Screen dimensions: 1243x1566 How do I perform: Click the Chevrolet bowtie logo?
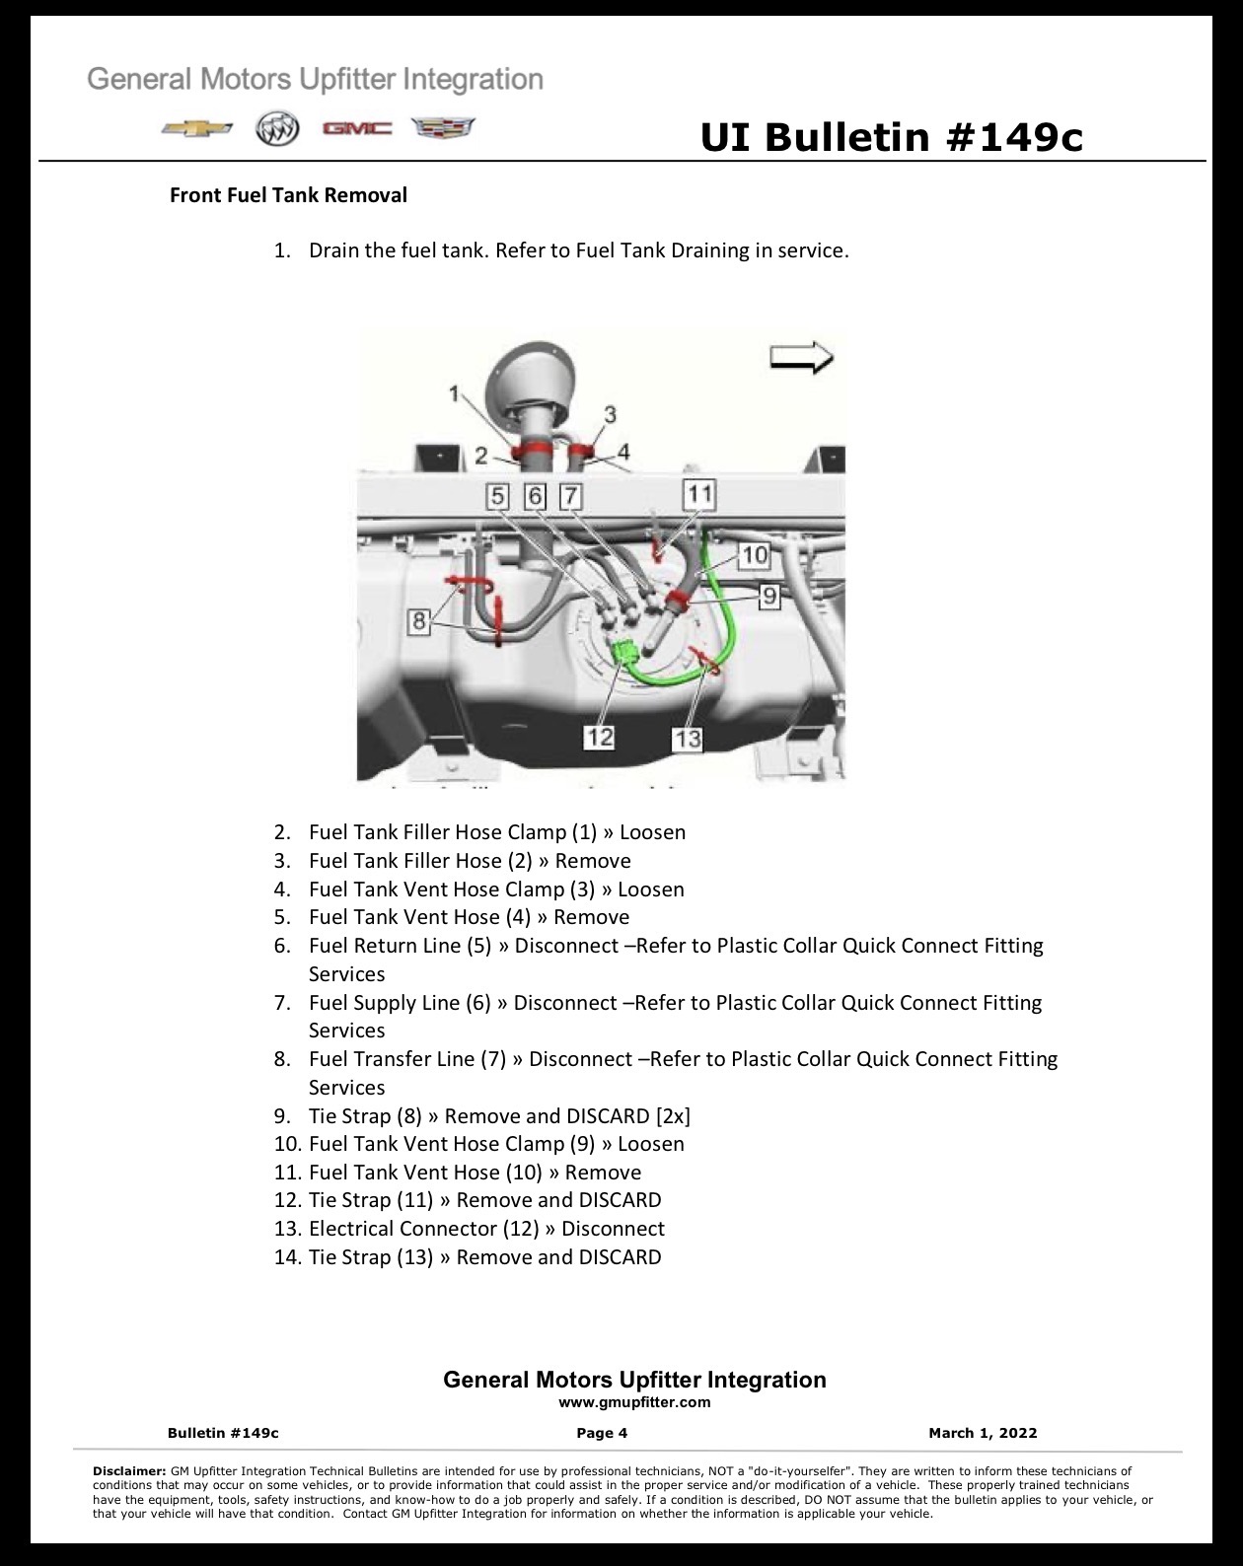coord(197,129)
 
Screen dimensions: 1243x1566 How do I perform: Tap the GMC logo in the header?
coord(357,129)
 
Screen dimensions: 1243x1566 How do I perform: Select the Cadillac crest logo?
coord(443,128)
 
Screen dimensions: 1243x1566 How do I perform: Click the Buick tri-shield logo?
coord(277,129)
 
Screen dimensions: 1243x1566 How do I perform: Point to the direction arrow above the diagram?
coord(801,358)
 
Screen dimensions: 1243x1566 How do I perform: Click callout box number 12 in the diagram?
coord(599,738)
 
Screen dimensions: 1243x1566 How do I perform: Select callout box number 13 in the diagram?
coord(688,740)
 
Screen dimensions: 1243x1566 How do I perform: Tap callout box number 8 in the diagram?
coord(418,621)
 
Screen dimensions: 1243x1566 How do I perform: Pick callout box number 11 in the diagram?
coord(699,495)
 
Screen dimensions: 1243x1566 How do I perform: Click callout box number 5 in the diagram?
coord(497,496)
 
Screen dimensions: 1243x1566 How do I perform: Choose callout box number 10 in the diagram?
coord(754,555)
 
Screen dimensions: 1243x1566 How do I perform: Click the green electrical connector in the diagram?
coord(624,651)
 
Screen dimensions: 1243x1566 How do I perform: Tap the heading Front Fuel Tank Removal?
coord(288,195)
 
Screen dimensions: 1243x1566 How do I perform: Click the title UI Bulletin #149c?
coord(891,137)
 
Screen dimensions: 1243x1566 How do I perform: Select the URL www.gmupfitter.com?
coord(634,1402)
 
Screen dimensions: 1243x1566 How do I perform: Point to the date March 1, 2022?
coord(983,1433)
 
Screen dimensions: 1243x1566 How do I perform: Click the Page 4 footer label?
coord(602,1433)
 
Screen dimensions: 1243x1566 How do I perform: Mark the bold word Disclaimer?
coord(129,1470)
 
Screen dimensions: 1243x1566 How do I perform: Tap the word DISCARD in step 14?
coord(620,1256)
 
